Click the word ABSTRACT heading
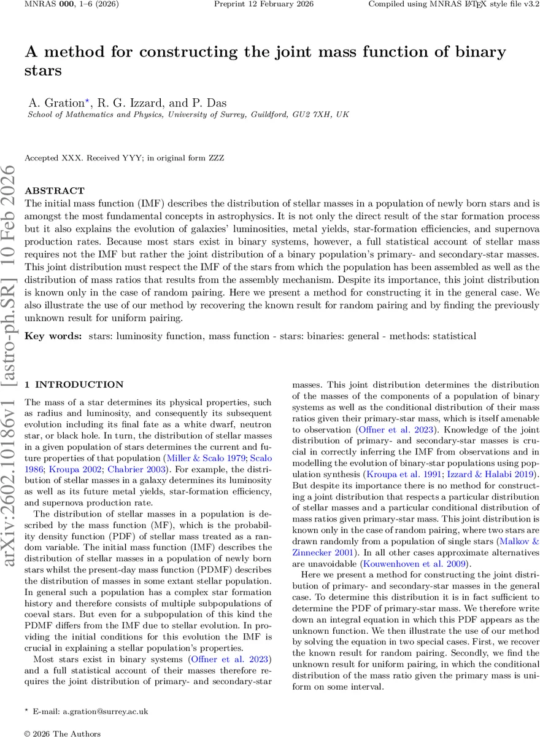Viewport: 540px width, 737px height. tap(55, 191)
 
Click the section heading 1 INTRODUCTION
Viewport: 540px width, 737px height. tap(74, 384)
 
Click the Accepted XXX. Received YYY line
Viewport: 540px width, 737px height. tap(124, 158)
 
